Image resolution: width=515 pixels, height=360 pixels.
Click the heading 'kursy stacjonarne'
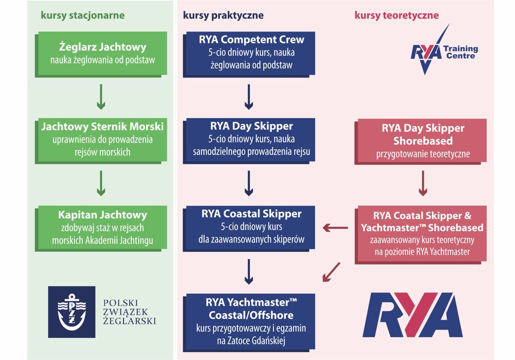point(82,15)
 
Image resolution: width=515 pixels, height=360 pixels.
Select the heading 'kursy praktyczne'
point(223,15)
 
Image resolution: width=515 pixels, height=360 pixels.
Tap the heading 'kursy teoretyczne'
point(397,15)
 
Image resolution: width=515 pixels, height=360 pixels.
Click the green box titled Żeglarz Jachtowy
point(101,55)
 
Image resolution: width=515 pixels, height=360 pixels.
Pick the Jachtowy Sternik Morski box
point(101,141)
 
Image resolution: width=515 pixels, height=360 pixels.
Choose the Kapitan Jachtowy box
point(101,229)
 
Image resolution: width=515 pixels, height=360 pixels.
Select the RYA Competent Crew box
point(249,55)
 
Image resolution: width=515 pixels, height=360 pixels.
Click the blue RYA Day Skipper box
point(249,141)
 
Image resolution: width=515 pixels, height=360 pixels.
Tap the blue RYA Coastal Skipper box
point(249,229)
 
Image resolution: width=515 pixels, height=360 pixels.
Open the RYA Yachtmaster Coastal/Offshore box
point(249,323)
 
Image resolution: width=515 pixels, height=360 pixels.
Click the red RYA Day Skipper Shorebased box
point(421,142)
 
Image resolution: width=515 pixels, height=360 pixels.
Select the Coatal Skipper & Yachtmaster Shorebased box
point(421,235)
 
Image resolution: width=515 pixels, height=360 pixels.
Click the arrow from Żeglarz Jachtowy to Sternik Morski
point(101,97)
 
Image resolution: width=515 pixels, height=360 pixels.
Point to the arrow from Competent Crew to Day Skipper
point(249,97)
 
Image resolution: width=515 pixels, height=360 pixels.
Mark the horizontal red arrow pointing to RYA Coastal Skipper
point(335,227)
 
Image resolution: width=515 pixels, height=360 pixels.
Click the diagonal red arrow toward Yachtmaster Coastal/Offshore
point(331,272)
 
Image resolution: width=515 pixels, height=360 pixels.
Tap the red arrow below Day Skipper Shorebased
point(423,183)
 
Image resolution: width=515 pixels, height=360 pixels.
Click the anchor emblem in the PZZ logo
point(72,312)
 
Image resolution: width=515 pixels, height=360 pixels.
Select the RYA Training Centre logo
point(444,49)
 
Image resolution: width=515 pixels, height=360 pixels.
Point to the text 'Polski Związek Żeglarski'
point(129,312)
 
